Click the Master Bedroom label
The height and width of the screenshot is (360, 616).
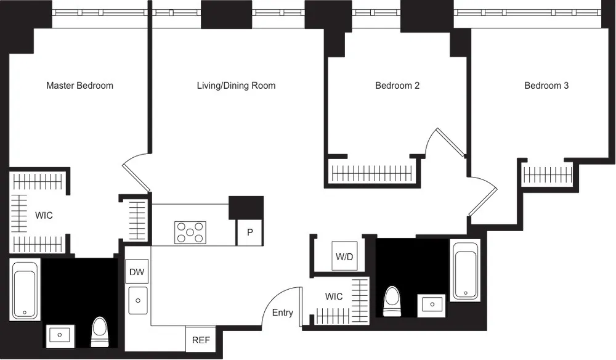tap(79, 86)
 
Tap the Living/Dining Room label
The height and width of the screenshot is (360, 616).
tap(236, 86)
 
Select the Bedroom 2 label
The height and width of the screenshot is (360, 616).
tap(397, 86)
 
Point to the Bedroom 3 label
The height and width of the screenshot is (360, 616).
tap(546, 86)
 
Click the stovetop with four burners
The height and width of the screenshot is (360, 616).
tap(190, 232)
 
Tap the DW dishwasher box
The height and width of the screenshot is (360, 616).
tap(137, 271)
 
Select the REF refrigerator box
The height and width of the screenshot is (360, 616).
tap(200, 339)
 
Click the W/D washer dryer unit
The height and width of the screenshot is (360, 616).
tap(344, 256)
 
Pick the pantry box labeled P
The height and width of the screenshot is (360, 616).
tap(249, 232)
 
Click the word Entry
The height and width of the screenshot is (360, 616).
tap(283, 313)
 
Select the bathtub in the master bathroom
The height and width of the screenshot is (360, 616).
tap(25, 290)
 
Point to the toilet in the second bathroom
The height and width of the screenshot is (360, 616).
tap(392, 301)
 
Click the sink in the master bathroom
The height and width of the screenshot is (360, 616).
tap(60, 335)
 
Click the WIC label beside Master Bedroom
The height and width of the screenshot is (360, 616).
tap(44, 216)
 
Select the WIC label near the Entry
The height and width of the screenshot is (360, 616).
tap(334, 297)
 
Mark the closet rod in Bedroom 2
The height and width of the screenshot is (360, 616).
tap(371, 173)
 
